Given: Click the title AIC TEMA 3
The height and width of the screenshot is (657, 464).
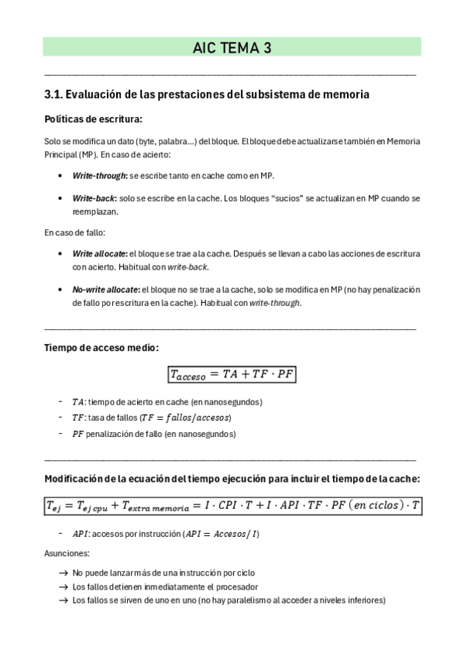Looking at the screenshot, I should coord(232,48).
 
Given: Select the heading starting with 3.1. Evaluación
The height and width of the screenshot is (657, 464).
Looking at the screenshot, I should coord(207,95).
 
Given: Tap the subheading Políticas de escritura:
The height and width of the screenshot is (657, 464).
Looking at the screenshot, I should coord(94,119).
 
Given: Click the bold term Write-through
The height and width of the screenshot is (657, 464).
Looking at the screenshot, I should coord(99,176).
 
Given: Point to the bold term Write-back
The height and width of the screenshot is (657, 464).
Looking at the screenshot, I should coord(95,198).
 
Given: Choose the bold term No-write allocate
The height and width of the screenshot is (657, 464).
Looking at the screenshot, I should coord(99,290).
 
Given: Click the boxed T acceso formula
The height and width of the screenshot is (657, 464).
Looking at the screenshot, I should coord(232,375).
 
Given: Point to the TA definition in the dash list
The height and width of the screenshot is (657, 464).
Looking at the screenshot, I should coord(167,402).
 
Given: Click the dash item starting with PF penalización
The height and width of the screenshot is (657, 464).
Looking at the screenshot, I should coord(153,434).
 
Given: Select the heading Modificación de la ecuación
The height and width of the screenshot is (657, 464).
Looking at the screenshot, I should coord(232,479).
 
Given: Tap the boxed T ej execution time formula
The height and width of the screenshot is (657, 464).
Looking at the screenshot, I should coord(232,506).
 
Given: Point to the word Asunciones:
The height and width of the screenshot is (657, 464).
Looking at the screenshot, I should coord(67,554).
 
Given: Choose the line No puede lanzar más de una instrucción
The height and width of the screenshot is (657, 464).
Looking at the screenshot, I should coord(163,573).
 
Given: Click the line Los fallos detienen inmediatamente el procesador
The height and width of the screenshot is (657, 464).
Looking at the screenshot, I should coord(165,586).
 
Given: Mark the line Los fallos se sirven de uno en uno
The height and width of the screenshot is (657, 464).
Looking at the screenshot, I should coord(229,600).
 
